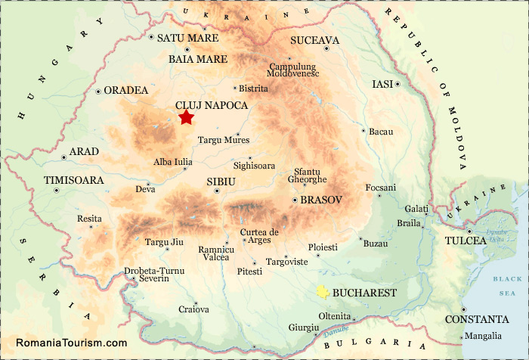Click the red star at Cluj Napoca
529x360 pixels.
pos(186,117)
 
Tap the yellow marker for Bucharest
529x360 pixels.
pos(323,292)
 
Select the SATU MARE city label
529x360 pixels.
pos(187,38)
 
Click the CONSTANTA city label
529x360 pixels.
pos(477,319)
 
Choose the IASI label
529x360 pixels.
pos(382,84)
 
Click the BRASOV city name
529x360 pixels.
pos(321,200)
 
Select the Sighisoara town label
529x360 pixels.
pos(255,165)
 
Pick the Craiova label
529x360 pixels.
pos(193,309)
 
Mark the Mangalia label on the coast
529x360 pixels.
pos(484,336)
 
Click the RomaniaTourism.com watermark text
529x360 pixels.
pos(71,343)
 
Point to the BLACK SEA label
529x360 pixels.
pos(503,284)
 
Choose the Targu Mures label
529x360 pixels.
pos(223,140)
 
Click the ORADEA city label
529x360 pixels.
pos(126,90)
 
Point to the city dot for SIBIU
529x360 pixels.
pos(217,191)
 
